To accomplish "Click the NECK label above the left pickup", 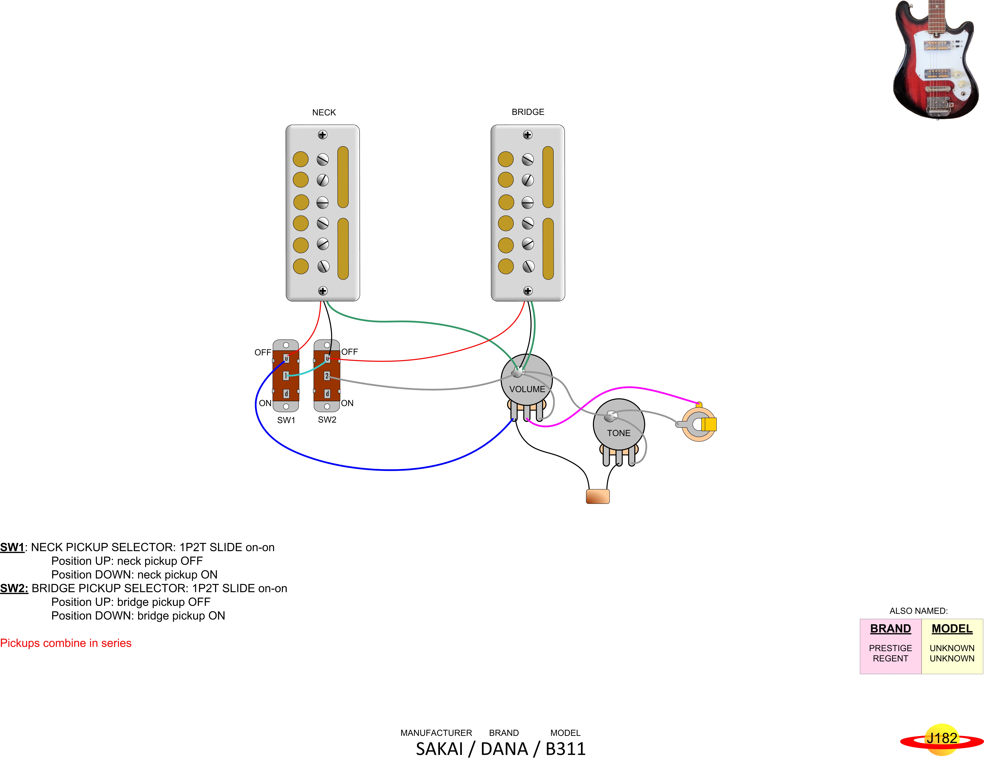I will click(324, 112).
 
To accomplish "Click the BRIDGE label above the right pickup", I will click(528, 112).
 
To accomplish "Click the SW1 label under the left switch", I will click(286, 420).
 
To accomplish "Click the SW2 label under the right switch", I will click(327, 419).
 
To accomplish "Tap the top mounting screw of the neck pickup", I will click(323, 135).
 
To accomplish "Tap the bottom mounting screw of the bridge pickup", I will click(528, 291).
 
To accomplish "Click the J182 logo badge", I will click(942, 738).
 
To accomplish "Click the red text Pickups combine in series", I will click(66, 643).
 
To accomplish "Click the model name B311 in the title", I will click(565, 749).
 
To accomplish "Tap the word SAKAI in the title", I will click(439, 749).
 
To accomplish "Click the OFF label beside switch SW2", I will click(350, 352).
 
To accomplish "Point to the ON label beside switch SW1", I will click(265, 403).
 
